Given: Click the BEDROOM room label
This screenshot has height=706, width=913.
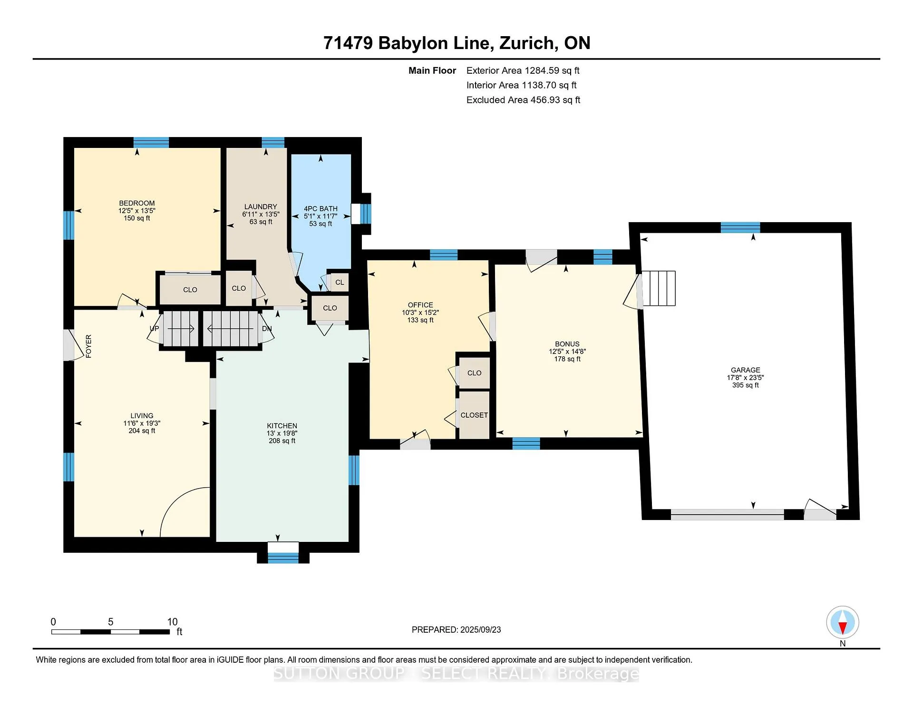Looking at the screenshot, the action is click(x=137, y=203).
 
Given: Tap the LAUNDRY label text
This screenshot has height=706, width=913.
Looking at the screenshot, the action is click(x=261, y=207).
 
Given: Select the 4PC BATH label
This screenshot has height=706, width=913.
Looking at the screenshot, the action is click(x=321, y=209).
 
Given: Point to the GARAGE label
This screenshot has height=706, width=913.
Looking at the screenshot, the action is click(x=746, y=370).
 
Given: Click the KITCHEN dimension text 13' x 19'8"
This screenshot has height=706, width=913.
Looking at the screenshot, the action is click(x=282, y=433).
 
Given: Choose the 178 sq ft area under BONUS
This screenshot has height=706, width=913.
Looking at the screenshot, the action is click(x=567, y=359).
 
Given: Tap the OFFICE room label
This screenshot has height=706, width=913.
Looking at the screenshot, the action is click(x=420, y=305).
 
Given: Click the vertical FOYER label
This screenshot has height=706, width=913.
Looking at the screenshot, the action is click(x=88, y=346).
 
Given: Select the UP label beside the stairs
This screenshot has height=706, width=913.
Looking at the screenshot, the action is click(x=155, y=329).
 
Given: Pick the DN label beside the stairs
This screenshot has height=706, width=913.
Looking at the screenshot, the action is click(x=267, y=329).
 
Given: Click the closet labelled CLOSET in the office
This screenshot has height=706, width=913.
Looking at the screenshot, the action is click(x=474, y=415).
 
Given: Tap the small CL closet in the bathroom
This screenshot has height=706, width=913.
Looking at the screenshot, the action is click(x=340, y=282).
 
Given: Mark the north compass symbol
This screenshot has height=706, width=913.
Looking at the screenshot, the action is click(x=843, y=623).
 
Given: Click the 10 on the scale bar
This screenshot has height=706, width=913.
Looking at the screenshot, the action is click(x=172, y=622).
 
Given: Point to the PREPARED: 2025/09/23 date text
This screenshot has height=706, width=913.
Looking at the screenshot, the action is click(x=456, y=630).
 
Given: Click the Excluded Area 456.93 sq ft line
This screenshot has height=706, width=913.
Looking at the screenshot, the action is click(x=523, y=100).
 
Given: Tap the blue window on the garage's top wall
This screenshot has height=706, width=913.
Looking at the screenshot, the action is click(x=740, y=227).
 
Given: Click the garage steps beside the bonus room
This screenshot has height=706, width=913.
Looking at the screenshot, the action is click(x=659, y=288).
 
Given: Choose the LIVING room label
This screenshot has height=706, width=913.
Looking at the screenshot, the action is click(x=142, y=416).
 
